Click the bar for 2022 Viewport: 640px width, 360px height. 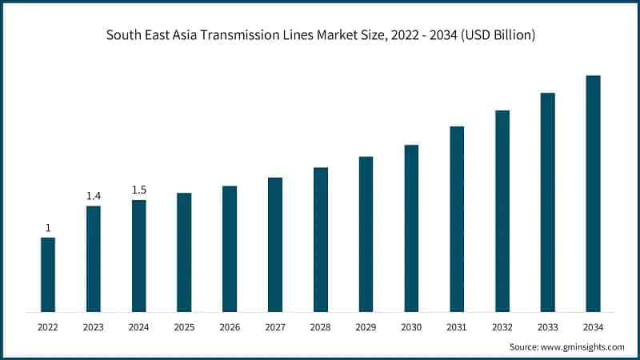tap(48, 274)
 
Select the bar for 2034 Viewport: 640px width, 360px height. tap(593, 194)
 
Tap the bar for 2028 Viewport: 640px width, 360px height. tap(321, 239)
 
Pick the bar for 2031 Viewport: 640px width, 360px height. tap(457, 218)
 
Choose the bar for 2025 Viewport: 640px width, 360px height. tap(184, 252)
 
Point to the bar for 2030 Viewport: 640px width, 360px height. tap(411, 228)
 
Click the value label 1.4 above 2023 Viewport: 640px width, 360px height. tap(94, 196)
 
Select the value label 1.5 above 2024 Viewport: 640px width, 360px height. tap(138, 190)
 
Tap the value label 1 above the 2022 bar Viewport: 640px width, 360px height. tap(48, 227)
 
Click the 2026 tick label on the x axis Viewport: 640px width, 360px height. tap(230, 327)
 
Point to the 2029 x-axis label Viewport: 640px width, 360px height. tap(366, 327)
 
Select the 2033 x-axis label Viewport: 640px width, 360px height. tap(547, 327)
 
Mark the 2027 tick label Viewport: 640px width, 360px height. tap(275, 327)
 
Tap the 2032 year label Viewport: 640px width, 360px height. tap(502, 327)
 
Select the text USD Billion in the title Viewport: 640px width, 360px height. tap(497, 34)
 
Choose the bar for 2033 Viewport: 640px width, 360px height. tap(547, 202)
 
